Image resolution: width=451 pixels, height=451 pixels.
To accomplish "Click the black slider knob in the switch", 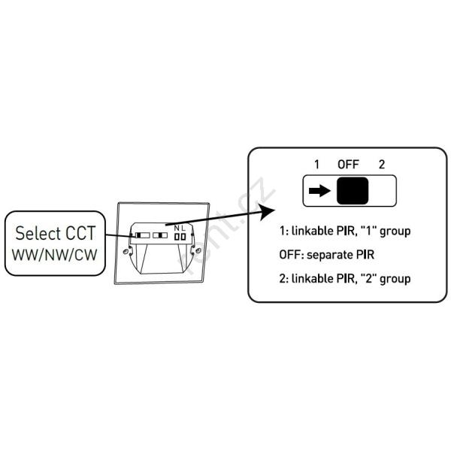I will coord(352,192).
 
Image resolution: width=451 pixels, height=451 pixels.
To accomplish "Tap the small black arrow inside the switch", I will coord(319,191).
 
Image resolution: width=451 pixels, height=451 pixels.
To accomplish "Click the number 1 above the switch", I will coord(316,164).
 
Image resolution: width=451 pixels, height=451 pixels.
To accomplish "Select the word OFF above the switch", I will coord(349,164).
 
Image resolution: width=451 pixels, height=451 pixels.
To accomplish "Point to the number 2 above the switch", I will coord(382,164).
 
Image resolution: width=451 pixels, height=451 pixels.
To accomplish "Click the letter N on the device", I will coord(176,227).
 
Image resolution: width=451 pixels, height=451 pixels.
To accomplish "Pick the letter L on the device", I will coord(183,227).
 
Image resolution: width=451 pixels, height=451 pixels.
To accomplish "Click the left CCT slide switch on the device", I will coord(139,235).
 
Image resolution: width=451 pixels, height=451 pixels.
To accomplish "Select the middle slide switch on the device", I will coord(159,235).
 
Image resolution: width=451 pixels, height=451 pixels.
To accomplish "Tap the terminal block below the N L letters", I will coord(179,236).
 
